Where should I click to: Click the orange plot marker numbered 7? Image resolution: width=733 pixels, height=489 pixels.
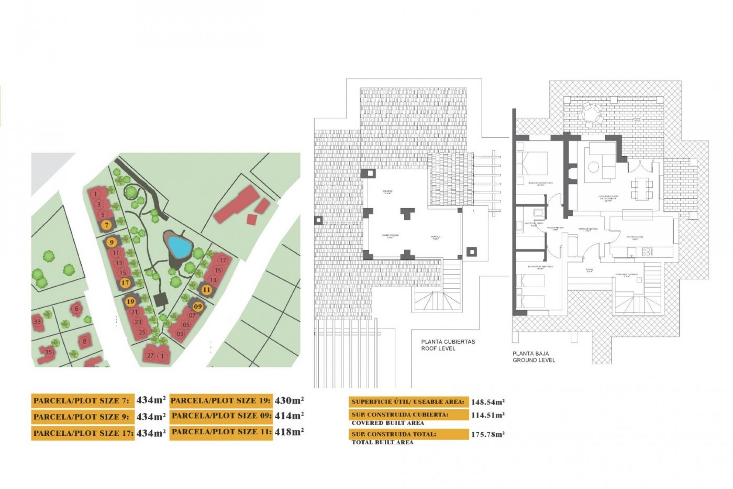click(107, 225)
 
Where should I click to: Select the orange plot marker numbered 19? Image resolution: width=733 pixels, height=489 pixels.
click(131, 301)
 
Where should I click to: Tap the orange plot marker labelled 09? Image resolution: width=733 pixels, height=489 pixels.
click(198, 306)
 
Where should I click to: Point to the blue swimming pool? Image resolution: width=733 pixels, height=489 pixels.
click(179, 246)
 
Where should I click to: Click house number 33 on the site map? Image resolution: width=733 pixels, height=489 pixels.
click(37, 322)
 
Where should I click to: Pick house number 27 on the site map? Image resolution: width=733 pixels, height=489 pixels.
click(150, 356)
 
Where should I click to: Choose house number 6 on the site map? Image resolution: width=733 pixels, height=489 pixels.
click(77, 309)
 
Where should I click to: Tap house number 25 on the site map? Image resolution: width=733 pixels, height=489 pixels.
click(142, 332)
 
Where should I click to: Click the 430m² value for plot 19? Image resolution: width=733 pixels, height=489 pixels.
click(289, 400)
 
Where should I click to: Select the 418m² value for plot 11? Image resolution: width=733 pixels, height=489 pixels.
click(289, 432)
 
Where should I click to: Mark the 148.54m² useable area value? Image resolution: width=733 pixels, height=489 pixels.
click(488, 402)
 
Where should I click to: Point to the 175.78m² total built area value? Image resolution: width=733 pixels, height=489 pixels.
click(488, 434)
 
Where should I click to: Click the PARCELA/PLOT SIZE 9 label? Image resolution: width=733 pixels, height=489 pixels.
click(81, 417)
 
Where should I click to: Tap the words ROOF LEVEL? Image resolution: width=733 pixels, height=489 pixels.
click(438, 348)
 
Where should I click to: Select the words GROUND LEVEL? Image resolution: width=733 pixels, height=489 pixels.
click(534, 360)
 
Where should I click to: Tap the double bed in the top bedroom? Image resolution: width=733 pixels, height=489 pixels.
click(531, 163)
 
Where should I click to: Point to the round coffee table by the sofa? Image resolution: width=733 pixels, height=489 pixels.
click(594, 167)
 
